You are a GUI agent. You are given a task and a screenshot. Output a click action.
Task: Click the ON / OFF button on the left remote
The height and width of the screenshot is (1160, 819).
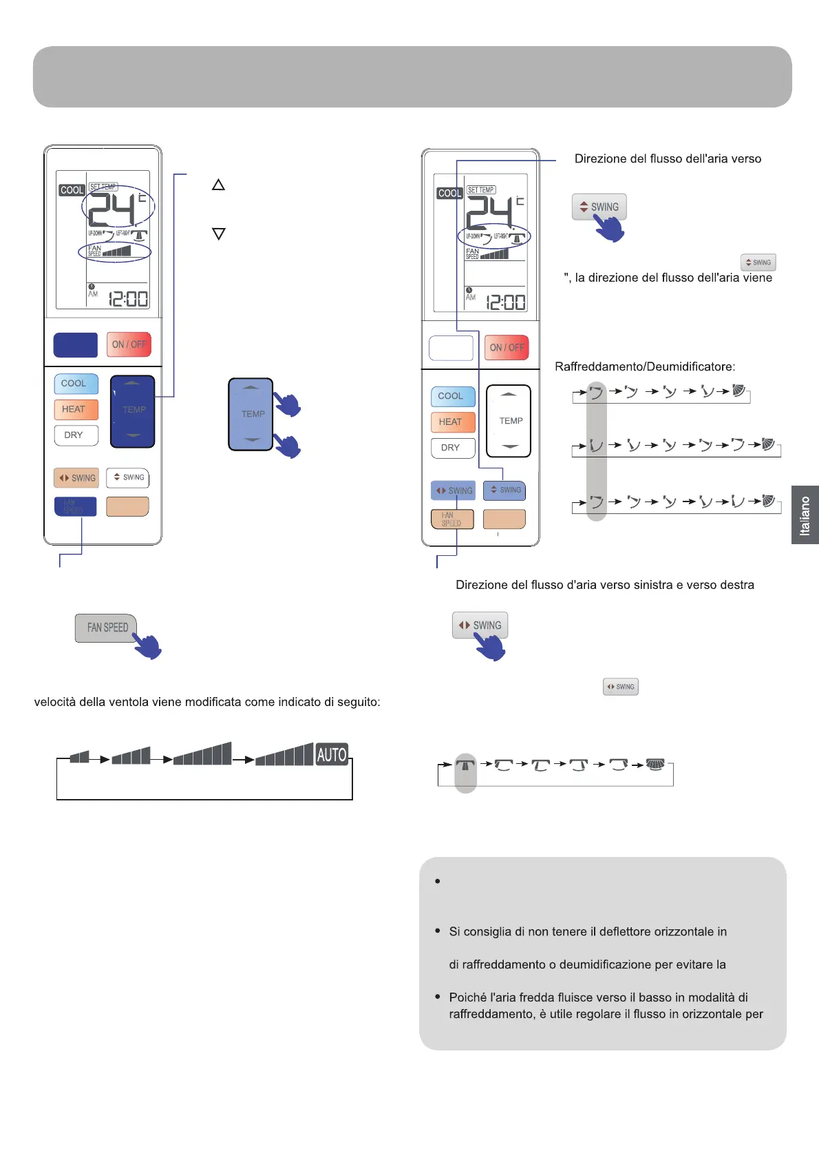[129, 344]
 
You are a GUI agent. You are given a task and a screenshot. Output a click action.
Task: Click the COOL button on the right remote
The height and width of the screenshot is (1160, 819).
[453, 396]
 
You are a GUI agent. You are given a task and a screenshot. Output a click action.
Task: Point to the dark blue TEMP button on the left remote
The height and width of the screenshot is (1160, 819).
[133, 411]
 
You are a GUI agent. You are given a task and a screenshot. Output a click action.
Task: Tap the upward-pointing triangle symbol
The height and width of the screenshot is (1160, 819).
[218, 185]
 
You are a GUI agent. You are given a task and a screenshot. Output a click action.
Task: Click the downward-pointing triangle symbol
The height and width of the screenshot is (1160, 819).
[218, 234]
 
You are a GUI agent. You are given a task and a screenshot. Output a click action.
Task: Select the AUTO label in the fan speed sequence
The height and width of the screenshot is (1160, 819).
[332, 754]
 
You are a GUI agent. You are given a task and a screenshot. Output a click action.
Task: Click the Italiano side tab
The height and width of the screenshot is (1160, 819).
[805, 515]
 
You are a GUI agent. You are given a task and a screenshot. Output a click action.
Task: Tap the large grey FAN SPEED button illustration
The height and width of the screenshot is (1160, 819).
[107, 628]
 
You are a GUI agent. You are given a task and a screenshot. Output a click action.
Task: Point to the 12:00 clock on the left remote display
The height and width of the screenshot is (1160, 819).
[128, 299]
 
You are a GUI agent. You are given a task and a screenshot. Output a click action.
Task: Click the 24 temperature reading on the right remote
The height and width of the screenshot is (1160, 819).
[490, 212]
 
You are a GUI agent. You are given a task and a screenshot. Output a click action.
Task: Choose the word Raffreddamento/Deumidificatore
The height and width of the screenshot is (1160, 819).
[645, 366]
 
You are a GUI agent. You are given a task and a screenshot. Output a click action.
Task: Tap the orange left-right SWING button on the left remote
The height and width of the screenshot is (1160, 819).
[76, 477]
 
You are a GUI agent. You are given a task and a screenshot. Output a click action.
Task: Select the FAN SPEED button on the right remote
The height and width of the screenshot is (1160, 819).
[452, 519]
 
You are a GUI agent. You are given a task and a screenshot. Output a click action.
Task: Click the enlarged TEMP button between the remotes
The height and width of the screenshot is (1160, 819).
[251, 414]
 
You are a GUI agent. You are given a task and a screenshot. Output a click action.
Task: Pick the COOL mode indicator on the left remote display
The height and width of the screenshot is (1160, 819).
[72, 189]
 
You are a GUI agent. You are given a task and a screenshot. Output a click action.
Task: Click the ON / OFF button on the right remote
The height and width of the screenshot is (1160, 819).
[507, 348]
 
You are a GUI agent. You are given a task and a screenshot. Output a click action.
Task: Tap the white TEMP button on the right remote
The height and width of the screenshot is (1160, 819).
[509, 421]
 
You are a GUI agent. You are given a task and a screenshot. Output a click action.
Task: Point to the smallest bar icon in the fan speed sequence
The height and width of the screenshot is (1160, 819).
[80, 757]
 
